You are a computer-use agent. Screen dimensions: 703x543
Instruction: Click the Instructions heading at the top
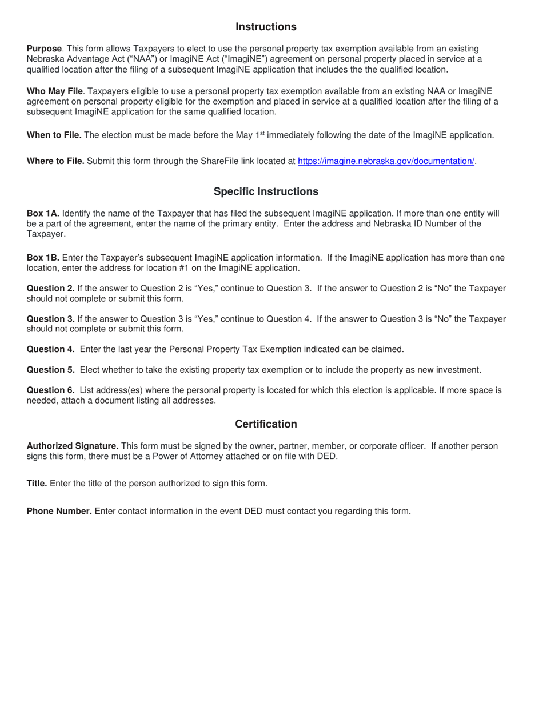pos(266,27)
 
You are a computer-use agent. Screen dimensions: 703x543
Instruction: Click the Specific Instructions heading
pos(266,191)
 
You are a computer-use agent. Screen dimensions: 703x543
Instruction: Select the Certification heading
pos(266,424)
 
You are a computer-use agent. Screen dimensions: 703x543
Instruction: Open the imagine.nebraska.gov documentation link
pos(386,161)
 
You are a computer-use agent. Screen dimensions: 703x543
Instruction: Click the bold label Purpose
pos(44,49)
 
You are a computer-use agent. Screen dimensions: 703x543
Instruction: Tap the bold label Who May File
pos(55,91)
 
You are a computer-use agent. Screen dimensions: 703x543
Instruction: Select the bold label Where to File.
pos(55,161)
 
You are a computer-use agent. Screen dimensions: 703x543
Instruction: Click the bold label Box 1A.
pos(43,213)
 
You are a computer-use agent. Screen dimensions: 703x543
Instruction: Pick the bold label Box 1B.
pos(43,258)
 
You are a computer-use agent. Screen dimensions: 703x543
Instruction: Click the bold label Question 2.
pos(51,289)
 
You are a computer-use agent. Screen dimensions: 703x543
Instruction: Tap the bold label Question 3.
pos(51,319)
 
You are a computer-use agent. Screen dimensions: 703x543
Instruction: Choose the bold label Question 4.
pos(51,349)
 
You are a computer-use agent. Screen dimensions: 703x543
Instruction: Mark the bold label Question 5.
pos(51,370)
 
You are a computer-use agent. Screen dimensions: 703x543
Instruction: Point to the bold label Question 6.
pos(51,390)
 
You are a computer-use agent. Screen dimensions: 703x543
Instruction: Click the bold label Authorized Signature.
pos(73,446)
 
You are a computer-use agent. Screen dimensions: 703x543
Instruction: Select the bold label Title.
pos(37,484)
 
